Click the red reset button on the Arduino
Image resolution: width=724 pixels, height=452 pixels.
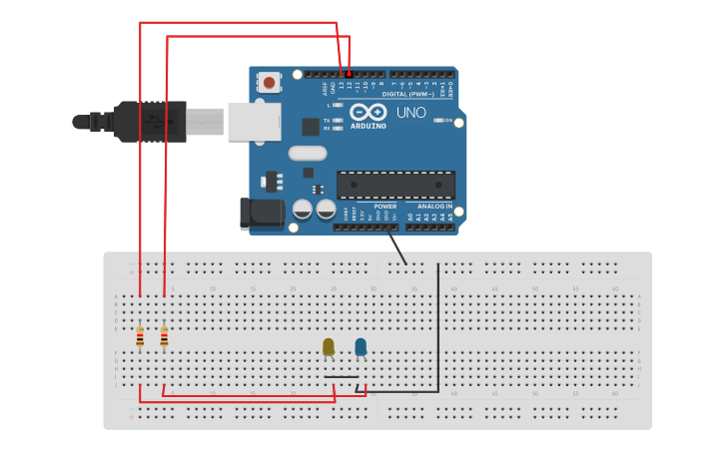269,82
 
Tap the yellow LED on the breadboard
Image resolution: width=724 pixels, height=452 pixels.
329,346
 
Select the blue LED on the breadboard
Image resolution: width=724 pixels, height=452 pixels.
361,346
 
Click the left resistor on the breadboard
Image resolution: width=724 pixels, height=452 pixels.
140,337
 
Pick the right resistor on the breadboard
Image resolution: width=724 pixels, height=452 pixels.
164,337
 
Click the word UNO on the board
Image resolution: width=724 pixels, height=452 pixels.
410,113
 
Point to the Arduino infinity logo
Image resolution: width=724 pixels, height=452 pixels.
367,112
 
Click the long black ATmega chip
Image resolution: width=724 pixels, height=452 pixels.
395,185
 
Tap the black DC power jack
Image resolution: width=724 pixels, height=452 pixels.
260,212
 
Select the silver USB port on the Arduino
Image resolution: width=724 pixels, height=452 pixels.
255,121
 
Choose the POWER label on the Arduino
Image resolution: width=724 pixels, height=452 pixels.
385,207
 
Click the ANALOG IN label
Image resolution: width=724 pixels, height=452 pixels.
435,207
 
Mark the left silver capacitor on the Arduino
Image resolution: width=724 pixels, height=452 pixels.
303,210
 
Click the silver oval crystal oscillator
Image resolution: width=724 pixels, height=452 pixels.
308,153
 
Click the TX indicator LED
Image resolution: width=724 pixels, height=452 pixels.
339,120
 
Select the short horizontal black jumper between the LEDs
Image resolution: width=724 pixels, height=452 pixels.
342,376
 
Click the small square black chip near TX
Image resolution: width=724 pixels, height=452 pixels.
311,127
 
